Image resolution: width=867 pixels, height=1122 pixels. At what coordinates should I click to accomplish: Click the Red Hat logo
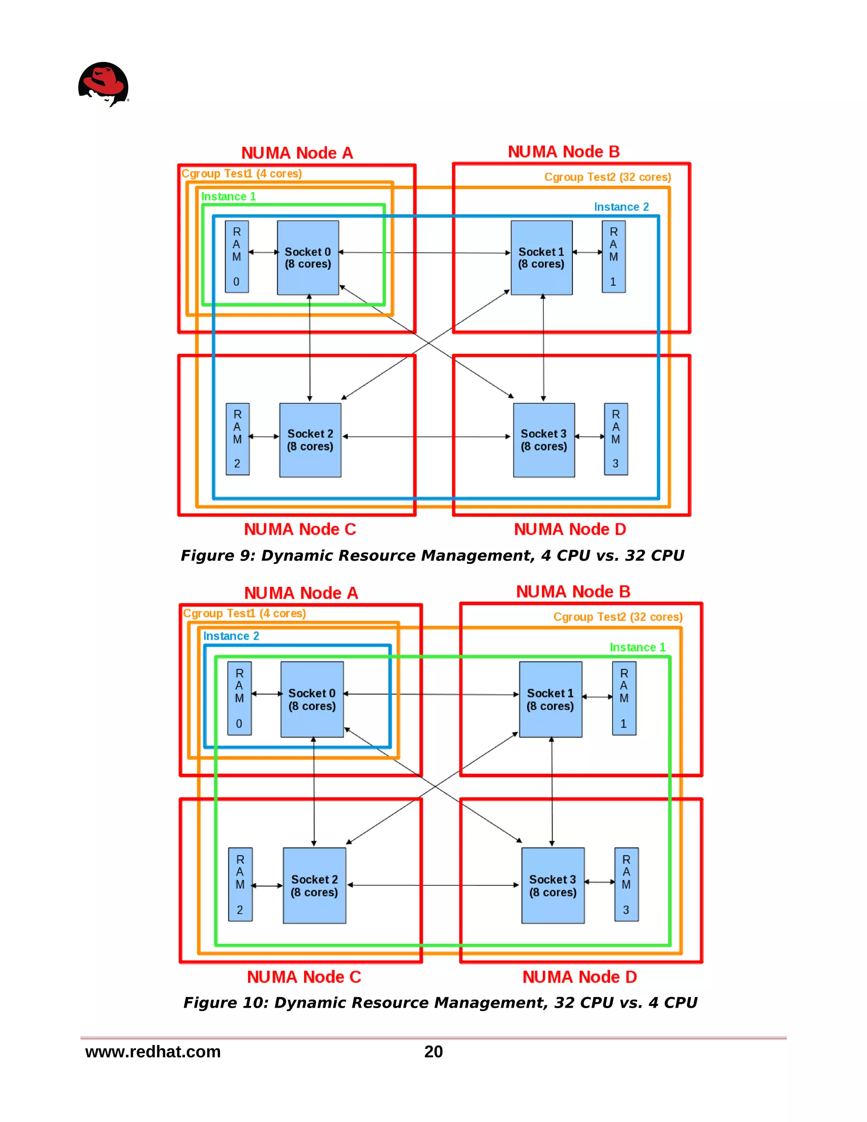[103, 84]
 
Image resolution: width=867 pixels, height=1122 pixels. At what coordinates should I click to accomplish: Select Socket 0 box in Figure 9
[308, 258]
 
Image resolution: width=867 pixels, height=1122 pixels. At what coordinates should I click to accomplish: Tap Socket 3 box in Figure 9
[544, 440]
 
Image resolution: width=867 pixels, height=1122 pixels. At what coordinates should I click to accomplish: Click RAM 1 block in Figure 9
[613, 257]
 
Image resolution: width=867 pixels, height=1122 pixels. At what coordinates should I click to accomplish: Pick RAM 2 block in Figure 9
[237, 439]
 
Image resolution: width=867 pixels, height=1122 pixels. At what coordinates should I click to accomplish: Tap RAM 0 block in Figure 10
[239, 698]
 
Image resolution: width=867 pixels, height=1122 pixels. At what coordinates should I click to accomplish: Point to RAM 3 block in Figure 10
[626, 884]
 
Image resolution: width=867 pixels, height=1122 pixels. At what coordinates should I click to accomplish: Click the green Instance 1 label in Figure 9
[228, 197]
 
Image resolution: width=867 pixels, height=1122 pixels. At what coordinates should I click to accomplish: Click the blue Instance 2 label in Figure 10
[231, 636]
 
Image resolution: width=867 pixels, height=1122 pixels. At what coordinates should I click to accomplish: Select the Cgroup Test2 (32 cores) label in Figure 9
[607, 177]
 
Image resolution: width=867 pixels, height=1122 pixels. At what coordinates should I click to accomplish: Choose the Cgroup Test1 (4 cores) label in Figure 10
[245, 614]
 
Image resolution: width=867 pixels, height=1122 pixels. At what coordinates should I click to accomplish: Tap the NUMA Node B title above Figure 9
[563, 152]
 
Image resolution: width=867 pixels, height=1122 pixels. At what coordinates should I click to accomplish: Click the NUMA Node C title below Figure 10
[304, 977]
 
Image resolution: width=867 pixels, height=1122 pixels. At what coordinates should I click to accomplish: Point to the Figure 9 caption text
[432, 555]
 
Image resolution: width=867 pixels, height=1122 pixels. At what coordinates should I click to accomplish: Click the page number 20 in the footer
[433, 1052]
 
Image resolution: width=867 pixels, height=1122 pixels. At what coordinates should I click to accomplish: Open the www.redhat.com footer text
[152, 1052]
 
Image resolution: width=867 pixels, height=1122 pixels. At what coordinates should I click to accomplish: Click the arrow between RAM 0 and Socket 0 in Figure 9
[263, 252]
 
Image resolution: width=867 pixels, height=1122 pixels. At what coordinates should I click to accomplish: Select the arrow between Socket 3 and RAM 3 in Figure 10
[599, 882]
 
